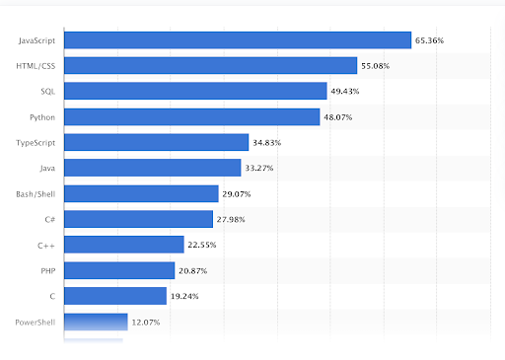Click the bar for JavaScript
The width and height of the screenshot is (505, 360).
click(x=237, y=40)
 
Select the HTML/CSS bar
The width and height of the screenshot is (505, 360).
click(x=210, y=66)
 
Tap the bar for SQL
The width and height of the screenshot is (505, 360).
click(x=195, y=91)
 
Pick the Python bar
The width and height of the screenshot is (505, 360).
click(x=192, y=116)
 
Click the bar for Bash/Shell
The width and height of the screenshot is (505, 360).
click(x=141, y=193)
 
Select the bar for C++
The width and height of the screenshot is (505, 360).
click(x=124, y=245)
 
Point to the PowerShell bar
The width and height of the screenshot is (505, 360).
click(x=96, y=322)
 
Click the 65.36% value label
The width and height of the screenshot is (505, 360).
click(x=429, y=40)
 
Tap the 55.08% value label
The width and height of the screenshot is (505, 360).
click(x=377, y=66)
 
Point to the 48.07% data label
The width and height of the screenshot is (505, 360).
click(x=338, y=117)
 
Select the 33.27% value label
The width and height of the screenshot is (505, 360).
click(x=259, y=169)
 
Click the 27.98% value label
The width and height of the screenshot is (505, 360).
click(x=232, y=219)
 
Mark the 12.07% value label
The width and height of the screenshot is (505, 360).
click(x=146, y=322)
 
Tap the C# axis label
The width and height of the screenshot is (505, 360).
click(x=49, y=219)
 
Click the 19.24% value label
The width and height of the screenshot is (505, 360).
click(x=185, y=296)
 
